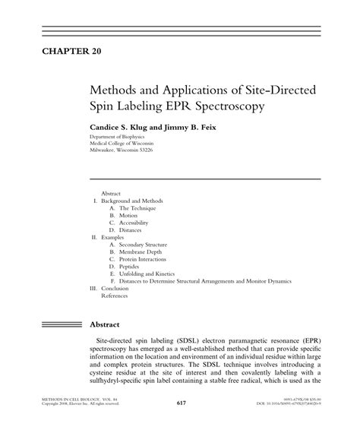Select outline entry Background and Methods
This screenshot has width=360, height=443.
click(x=131, y=201)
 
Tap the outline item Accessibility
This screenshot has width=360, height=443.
click(x=133, y=222)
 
